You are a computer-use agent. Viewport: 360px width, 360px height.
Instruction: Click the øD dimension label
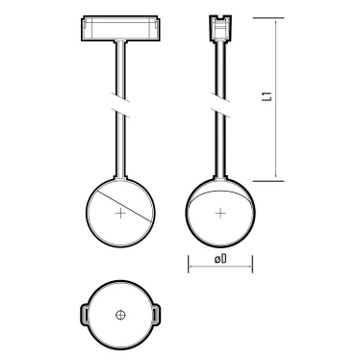[x=220, y=259]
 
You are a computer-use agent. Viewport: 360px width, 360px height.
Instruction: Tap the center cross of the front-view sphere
[x=120, y=213]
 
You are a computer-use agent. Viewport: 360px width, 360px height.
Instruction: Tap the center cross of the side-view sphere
[x=220, y=213]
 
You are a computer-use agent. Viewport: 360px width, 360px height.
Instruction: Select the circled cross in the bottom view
[x=120, y=315]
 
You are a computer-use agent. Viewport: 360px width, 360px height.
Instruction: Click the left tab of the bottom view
[x=84, y=315]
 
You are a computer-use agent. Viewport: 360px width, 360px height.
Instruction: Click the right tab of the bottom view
[x=156, y=315]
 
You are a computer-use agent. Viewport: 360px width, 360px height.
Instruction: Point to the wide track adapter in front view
[x=120, y=28]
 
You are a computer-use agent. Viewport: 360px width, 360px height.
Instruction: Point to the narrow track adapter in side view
[x=220, y=28]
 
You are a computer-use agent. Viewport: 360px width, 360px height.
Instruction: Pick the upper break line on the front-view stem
[x=120, y=97]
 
